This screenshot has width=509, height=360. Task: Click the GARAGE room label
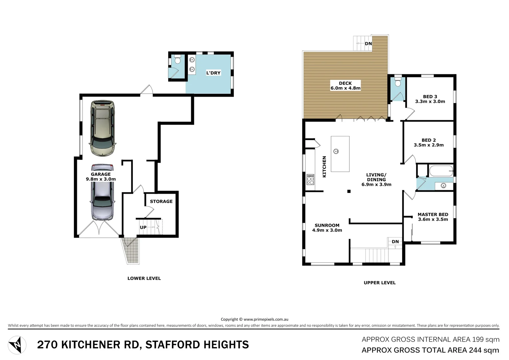(x=101, y=174)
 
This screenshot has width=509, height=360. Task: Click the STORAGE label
(x=161, y=201)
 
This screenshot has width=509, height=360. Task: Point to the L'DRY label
(x=213, y=73)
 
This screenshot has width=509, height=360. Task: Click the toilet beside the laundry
(x=178, y=60)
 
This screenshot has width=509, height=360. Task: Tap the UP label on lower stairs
(x=143, y=227)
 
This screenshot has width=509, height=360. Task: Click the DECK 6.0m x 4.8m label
(x=345, y=86)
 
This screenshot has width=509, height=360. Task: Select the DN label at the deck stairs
(x=368, y=44)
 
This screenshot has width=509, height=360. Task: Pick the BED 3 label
(x=430, y=97)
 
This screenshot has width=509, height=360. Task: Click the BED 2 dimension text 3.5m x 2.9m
(x=429, y=145)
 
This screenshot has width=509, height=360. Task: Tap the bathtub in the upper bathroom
(x=441, y=171)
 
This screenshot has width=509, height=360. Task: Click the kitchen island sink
(x=336, y=152)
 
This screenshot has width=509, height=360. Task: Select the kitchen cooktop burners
(x=310, y=180)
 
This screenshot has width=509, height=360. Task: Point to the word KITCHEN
(x=324, y=167)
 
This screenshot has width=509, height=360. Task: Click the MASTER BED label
(x=433, y=215)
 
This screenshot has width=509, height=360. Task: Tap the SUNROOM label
(x=327, y=225)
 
